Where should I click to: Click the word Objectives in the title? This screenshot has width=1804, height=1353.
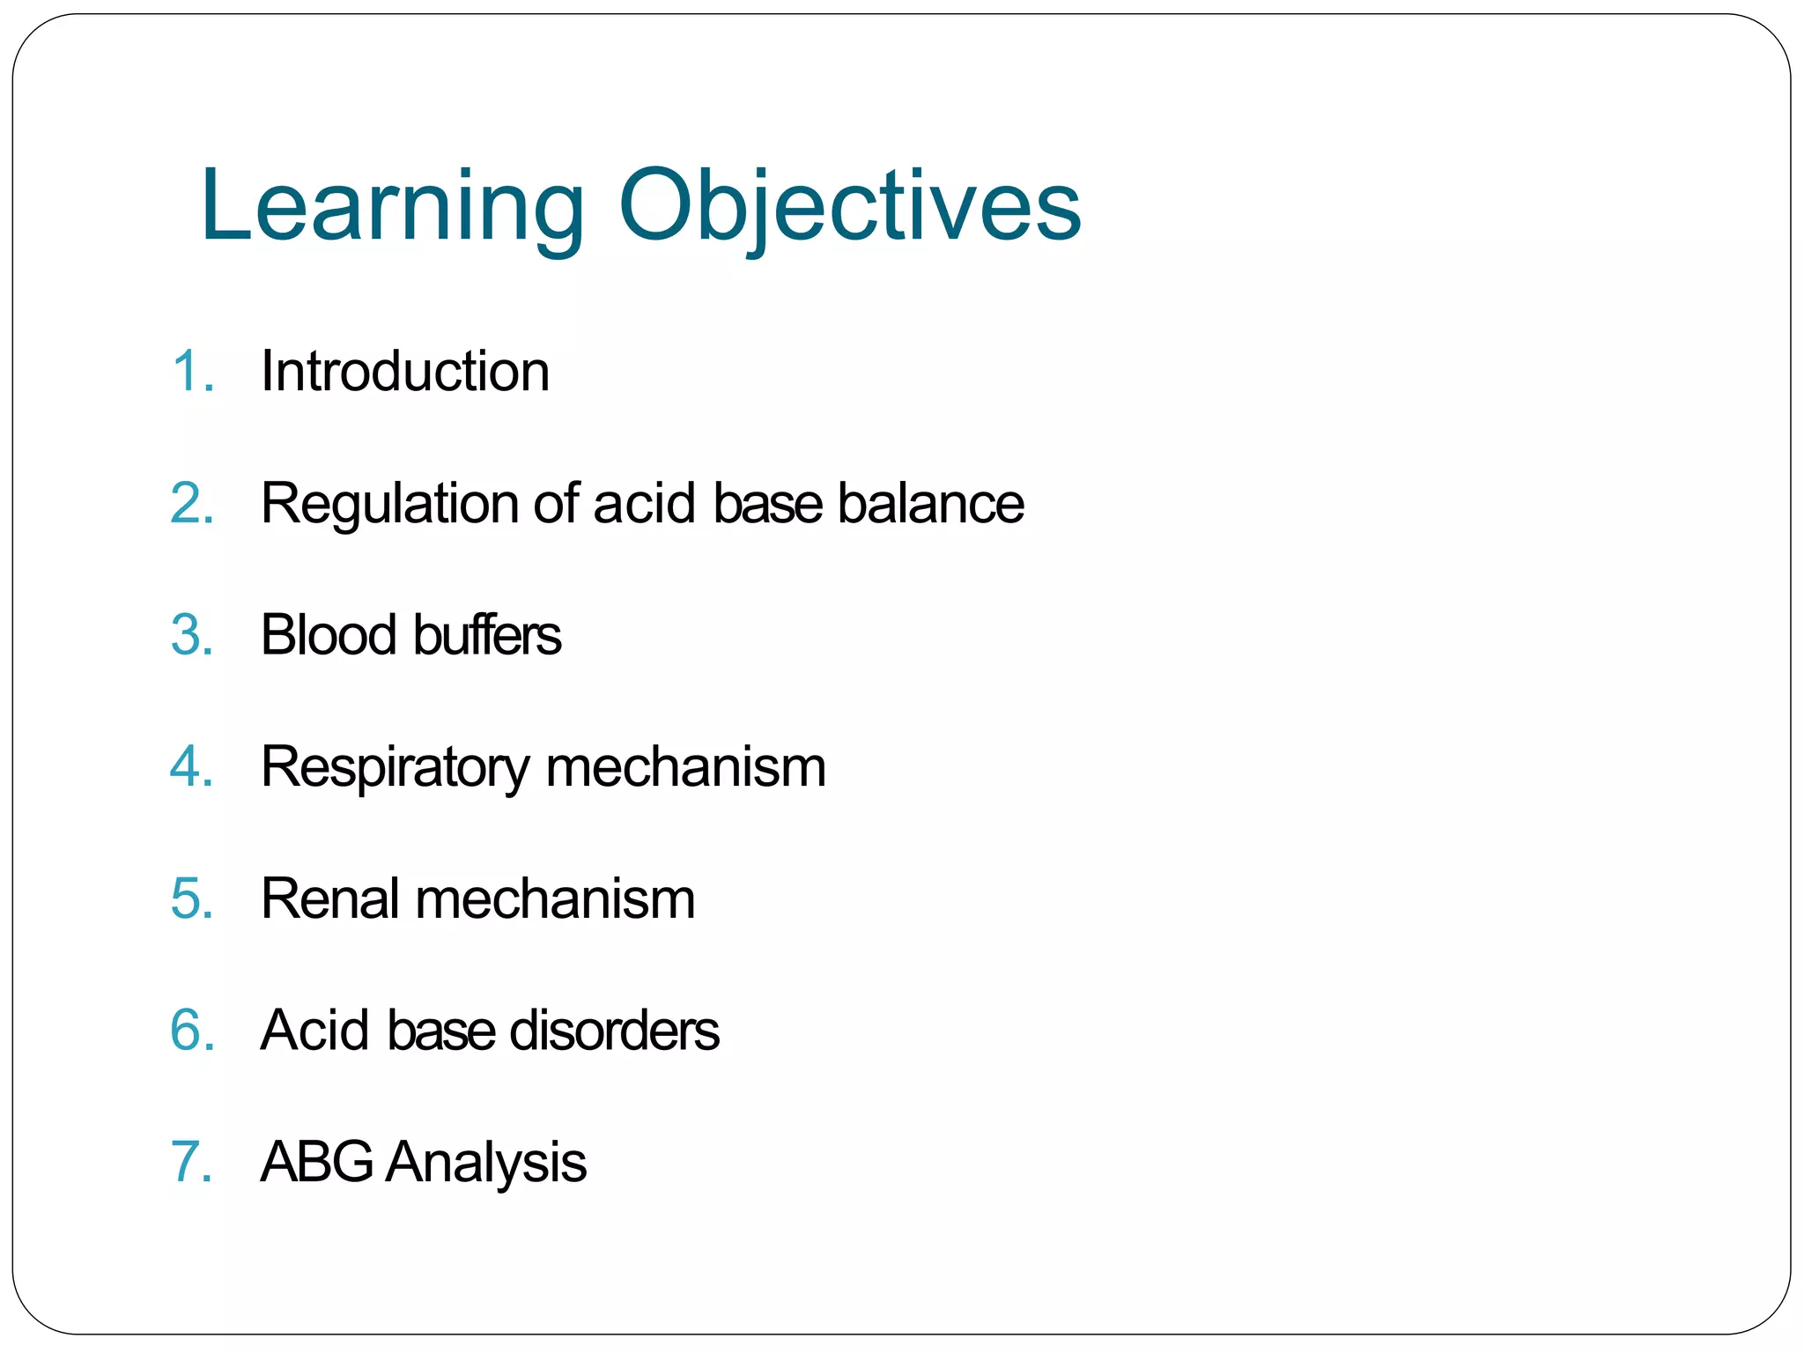point(850,207)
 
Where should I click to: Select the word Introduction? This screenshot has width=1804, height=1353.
point(405,371)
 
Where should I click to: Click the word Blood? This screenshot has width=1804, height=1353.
point(329,635)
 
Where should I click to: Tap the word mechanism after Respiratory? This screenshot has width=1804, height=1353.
point(685,766)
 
